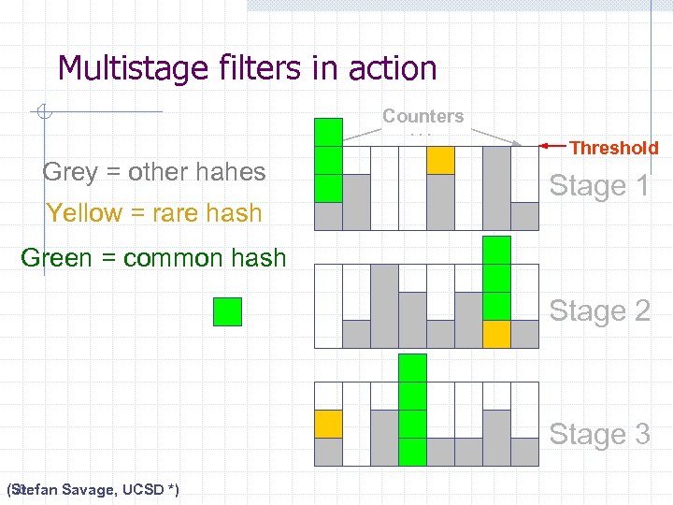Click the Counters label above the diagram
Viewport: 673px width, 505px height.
click(422, 117)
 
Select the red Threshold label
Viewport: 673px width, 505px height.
click(614, 148)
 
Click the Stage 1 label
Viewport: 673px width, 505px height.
click(599, 186)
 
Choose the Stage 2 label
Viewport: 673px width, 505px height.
click(599, 310)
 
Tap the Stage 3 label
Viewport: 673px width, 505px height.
click(599, 434)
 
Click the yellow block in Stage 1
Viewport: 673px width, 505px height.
click(440, 161)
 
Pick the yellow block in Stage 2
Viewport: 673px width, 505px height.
click(496, 334)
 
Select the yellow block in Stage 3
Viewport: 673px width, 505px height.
click(328, 424)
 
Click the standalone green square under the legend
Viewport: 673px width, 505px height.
click(227, 311)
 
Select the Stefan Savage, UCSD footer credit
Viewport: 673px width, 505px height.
click(93, 489)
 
